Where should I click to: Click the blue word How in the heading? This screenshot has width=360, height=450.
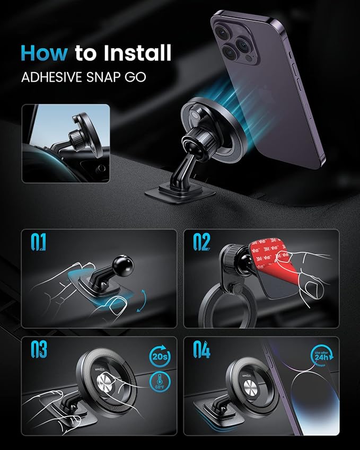(45, 54)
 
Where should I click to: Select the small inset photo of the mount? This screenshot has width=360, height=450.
(66, 144)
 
